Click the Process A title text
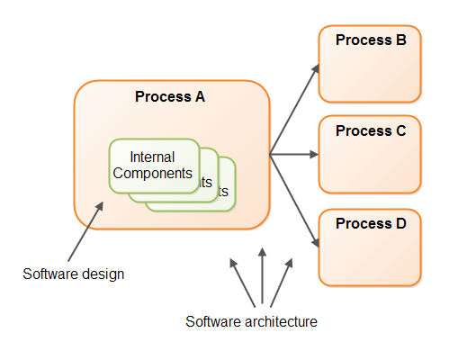click(170, 96)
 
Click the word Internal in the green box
click(153, 157)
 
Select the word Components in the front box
click(154, 173)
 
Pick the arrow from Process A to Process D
click(295, 200)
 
